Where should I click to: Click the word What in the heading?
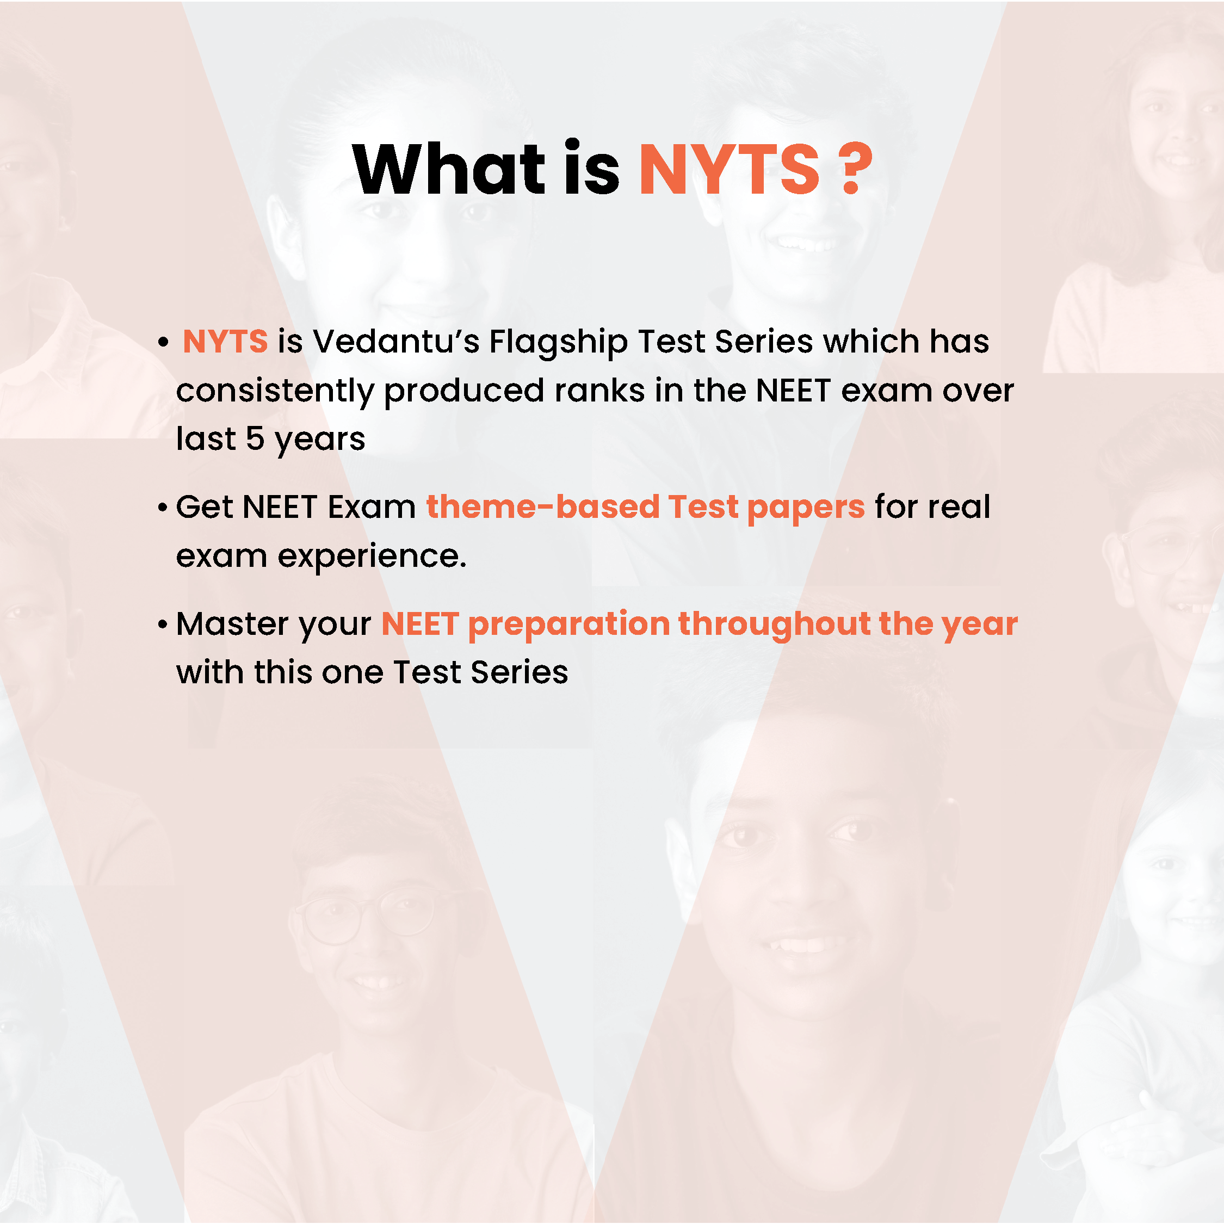[449, 169]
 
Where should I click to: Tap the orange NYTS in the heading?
[729, 169]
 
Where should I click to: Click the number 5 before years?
[255, 438]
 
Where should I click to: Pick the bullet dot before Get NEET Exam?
[163, 508]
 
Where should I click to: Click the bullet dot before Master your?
[163, 625]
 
